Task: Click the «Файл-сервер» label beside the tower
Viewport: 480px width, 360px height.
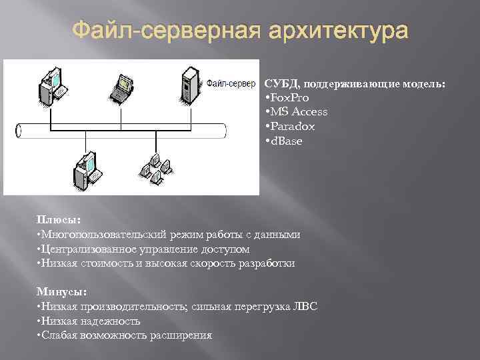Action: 231,83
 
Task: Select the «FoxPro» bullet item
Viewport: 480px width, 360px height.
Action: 289,97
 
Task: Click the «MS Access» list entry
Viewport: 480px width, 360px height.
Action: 298,111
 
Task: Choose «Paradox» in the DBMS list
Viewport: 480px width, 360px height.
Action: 292,126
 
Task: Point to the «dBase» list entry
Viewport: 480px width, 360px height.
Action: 285,141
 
